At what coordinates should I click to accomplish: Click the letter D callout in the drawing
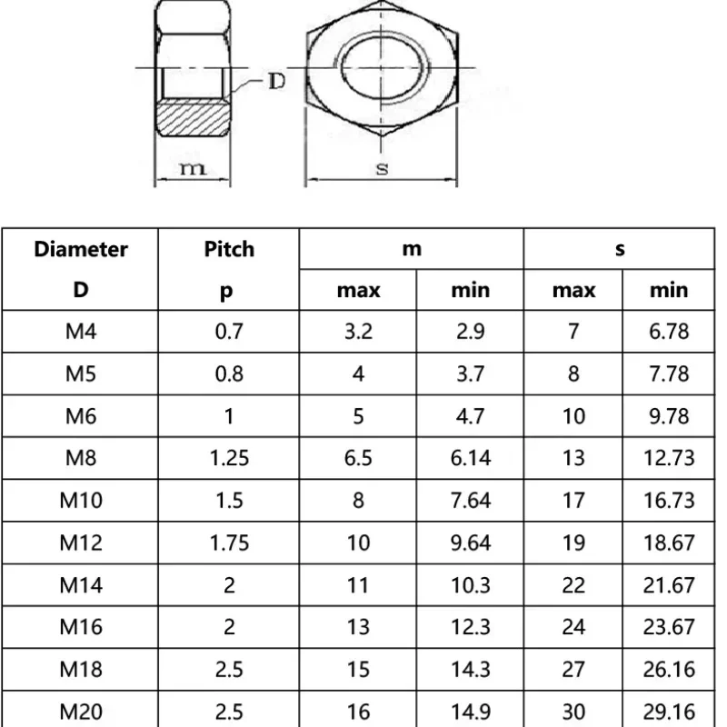tap(277, 82)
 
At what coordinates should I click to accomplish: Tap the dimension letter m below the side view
tap(193, 169)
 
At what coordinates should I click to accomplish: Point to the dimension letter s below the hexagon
tap(382, 168)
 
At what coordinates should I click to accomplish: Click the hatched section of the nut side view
tap(193, 119)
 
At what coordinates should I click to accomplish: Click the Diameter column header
tap(81, 249)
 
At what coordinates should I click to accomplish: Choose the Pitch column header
tap(229, 249)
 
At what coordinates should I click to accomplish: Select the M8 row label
tap(81, 458)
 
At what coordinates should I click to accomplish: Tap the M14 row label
tap(81, 585)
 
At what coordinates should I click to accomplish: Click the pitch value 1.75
tap(229, 543)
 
